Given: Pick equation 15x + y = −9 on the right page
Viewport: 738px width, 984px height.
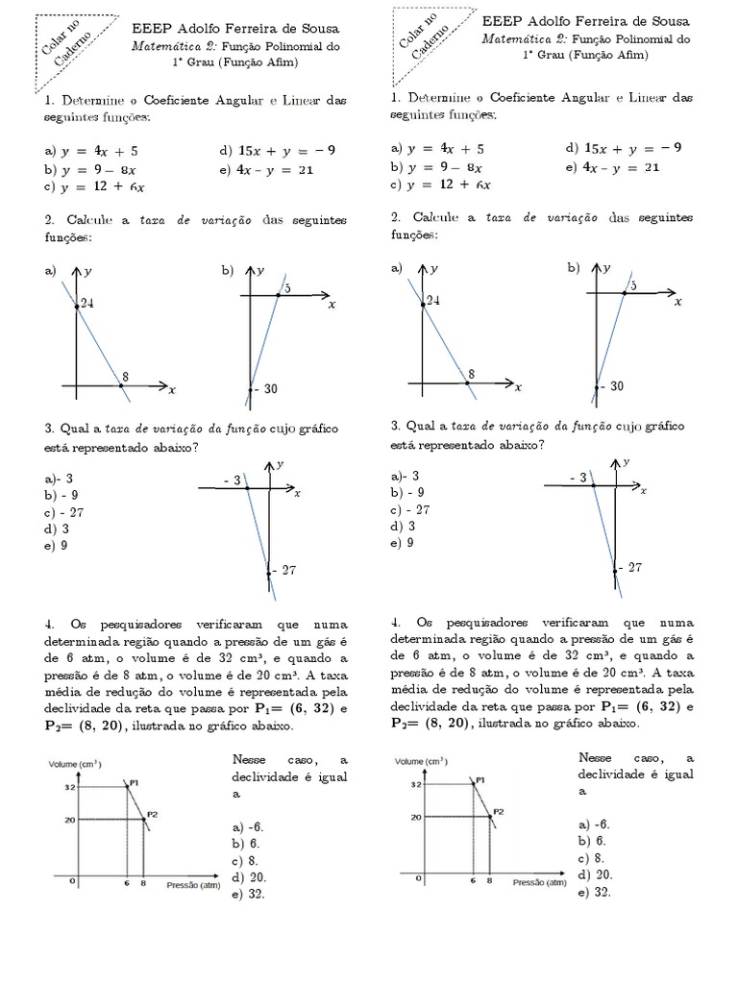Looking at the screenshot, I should (x=624, y=148).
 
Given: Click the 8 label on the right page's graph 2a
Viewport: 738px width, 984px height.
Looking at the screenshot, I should (x=471, y=374).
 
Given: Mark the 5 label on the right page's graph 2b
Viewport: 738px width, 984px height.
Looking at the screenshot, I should (x=631, y=286).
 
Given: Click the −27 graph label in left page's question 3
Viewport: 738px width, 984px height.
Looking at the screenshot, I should (x=283, y=570).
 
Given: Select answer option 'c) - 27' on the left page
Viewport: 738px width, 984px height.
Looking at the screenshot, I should (x=63, y=512).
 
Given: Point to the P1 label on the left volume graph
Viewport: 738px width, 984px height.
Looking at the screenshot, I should (x=135, y=783).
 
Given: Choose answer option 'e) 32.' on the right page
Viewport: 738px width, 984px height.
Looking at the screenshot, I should (x=596, y=893).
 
